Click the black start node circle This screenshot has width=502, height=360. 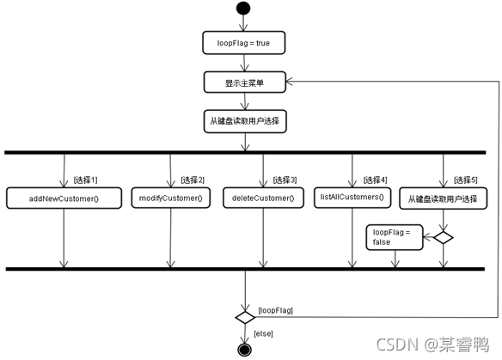pyautogui.click(x=243, y=8)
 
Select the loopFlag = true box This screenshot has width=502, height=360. pyautogui.click(x=243, y=43)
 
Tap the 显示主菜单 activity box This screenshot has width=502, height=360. pyautogui.click(x=245, y=82)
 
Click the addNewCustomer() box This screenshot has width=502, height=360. pyautogui.click(x=64, y=198)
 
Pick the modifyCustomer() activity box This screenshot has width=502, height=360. pyautogui.click(x=171, y=198)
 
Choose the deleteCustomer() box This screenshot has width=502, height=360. pyautogui.click(x=263, y=198)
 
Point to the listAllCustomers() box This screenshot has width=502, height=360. pyautogui.click(x=352, y=198)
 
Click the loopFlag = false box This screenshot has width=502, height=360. pyautogui.click(x=395, y=237)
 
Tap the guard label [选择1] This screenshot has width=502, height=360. pyautogui.click(x=85, y=180)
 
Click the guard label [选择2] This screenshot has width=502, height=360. pyautogui.click(x=193, y=180)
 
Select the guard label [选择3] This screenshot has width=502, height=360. pyautogui.click(x=285, y=180)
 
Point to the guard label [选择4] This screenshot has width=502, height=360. pyautogui.click(x=375, y=180)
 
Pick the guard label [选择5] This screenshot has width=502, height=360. pyautogui.click(x=466, y=180)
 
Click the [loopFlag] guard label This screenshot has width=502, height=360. pyautogui.click(x=275, y=310)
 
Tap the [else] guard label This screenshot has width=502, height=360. pyautogui.click(x=263, y=333)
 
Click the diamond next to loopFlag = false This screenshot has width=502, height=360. pyautogui.click(x=443, y=237)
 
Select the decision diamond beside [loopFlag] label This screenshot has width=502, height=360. pyautogui.click(x=245, y=317)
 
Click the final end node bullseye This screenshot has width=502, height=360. pyautogui.click(x=245, y=350)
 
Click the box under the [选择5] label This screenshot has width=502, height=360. pyautogui.click(x=443, y=198)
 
